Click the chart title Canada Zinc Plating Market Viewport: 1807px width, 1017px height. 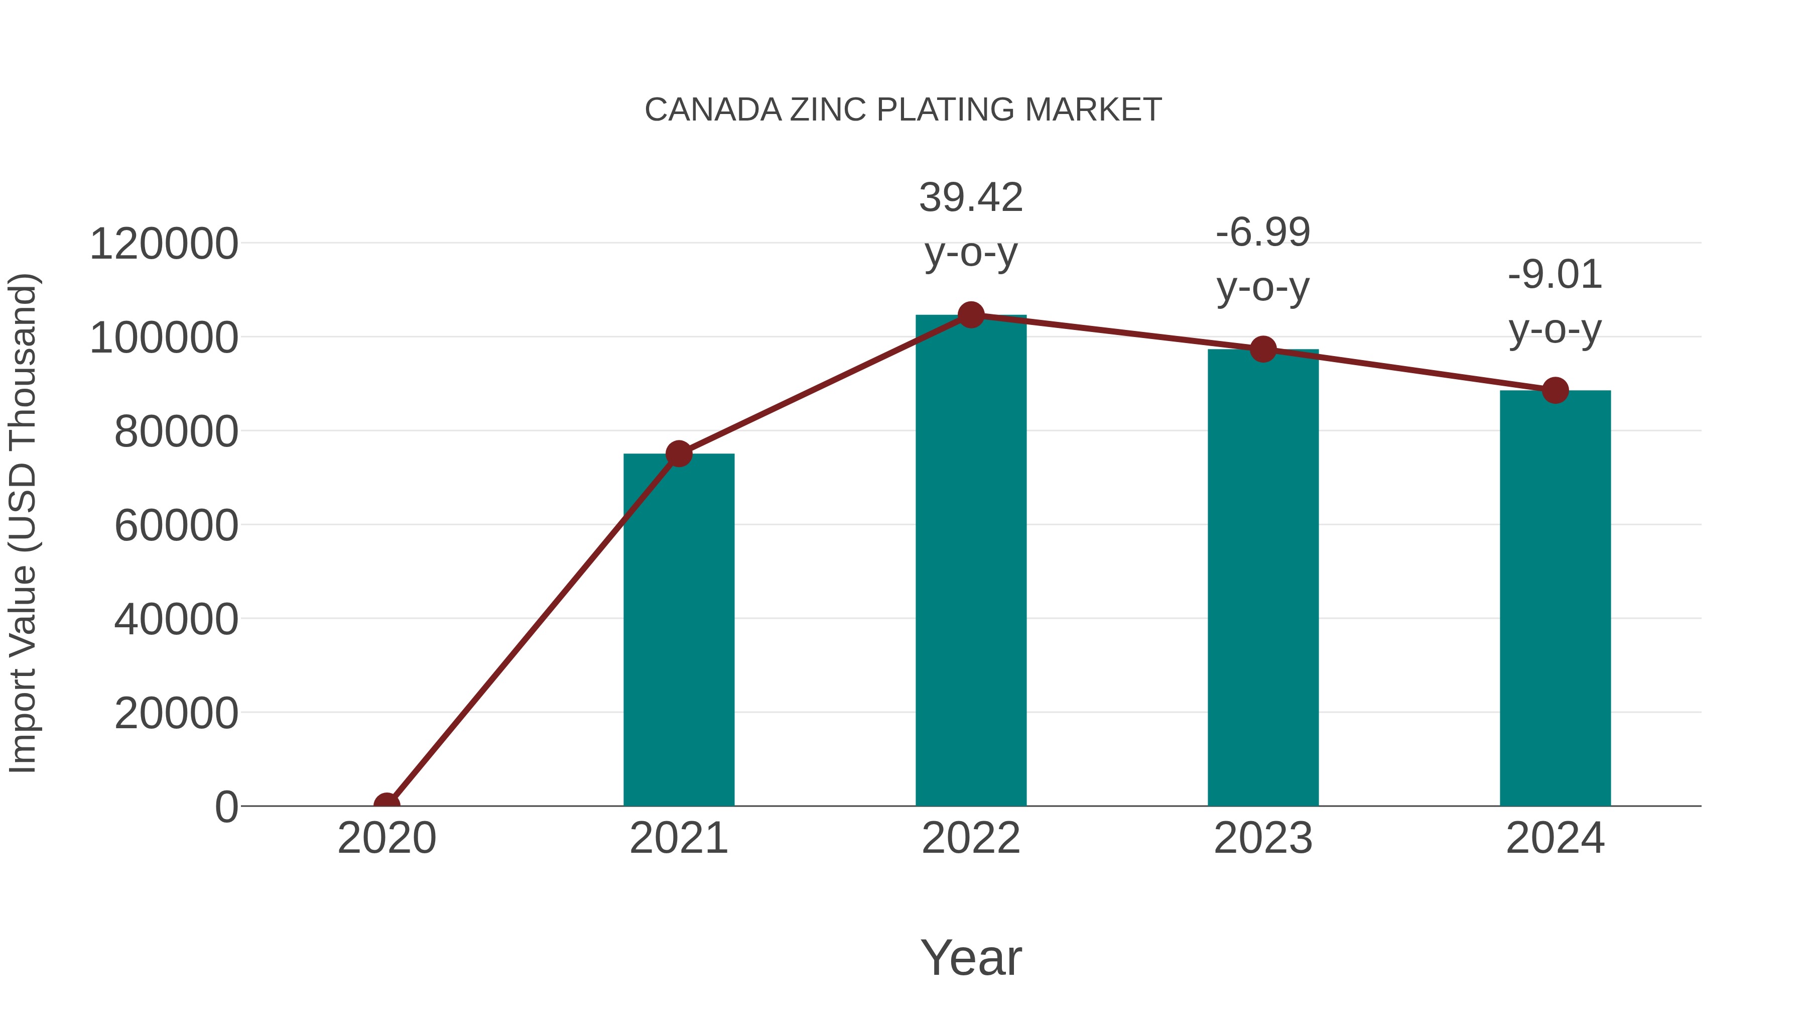[x=903, y=110]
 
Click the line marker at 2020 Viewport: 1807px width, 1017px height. [x=386, y=805]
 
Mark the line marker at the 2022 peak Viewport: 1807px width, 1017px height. [x=971, y=315]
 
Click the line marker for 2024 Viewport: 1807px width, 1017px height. [x=1555, y=390]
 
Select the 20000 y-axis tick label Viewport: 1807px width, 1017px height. [x=176, y=713]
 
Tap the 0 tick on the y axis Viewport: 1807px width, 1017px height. [x=226, y=807]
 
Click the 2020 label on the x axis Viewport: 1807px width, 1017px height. [x=386, y=838]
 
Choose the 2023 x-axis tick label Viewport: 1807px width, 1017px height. [x=1263, y=838]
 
